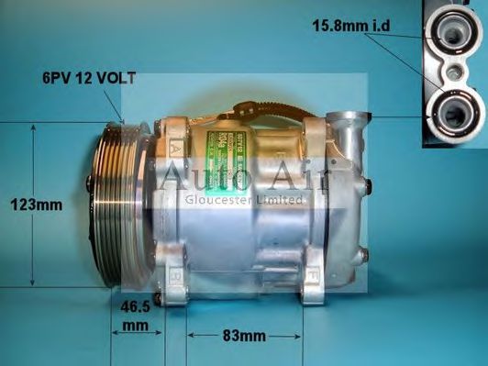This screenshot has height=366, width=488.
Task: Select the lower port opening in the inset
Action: (450, 114)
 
